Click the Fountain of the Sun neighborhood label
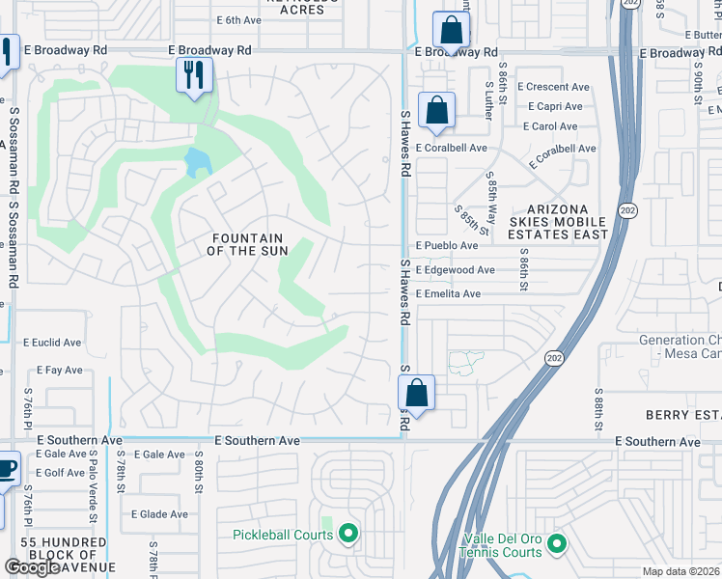click(247, 244)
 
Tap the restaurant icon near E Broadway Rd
click(194, 74)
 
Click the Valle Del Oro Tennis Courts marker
click(557, 545)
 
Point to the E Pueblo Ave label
click(447, 246)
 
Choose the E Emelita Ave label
click(448, 294)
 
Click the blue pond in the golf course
click(198, 161)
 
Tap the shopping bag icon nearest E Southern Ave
click(416, 392)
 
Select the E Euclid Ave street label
click(52, 343)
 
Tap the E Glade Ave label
click(159, 514)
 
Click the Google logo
click(33, 567)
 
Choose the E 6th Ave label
click(239, 19)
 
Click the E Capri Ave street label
click(555, 106)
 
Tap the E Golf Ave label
click(61, 473)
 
